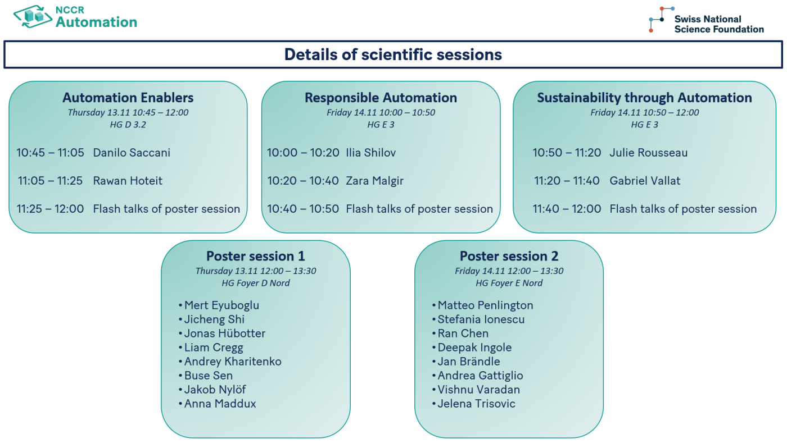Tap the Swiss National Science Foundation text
[718, 24]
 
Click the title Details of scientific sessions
[393, 54]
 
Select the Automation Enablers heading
[128, 98]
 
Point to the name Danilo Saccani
[132, 153]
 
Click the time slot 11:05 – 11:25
[50, 181]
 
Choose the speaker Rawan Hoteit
[128, 181]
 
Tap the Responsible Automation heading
[381, 98]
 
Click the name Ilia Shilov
[371, 153]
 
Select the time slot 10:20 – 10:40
[303, 181]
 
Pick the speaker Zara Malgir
[374, 181]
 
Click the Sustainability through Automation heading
[644, 98]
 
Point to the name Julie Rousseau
[648, 153]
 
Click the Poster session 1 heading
[255, 257]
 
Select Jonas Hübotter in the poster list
[225, 334]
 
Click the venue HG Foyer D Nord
[256, 283]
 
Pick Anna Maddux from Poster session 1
[220, 404]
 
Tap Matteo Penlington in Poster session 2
[485, 305]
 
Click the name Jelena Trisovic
[476, 404]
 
